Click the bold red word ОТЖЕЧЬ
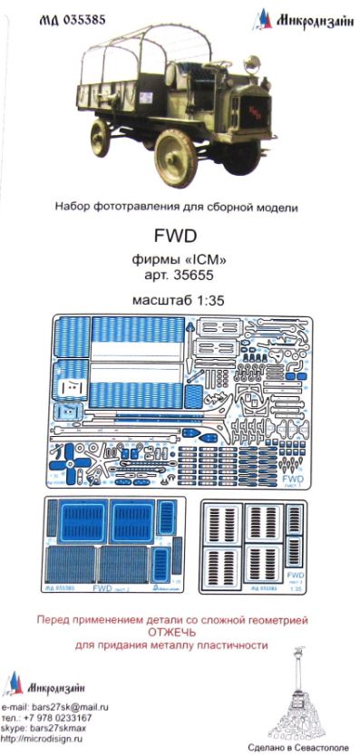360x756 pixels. (x=180, y=633)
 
